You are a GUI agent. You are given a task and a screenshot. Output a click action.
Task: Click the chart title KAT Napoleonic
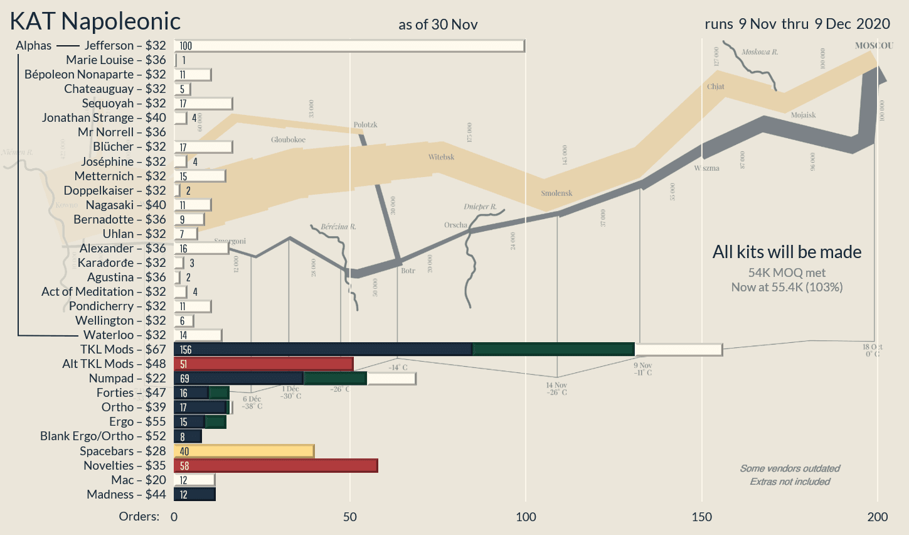click(95, 22)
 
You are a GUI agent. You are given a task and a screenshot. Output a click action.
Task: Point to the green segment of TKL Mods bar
click(553, 350)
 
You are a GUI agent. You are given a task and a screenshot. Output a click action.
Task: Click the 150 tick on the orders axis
click(701, 517)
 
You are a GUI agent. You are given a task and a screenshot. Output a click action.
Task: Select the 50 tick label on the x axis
click(349, 517)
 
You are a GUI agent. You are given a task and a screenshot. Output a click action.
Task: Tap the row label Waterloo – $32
click(125, 335)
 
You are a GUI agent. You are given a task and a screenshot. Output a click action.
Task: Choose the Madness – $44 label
click(126, 495)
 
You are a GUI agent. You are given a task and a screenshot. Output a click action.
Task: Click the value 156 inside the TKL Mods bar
click(186, 350)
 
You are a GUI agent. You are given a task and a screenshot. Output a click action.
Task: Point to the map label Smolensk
click(556, 193)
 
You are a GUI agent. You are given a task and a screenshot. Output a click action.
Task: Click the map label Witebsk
click(442, 157)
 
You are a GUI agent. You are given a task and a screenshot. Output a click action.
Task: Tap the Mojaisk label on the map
click(803, 116)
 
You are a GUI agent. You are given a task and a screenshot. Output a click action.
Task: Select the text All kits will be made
click(787, 252)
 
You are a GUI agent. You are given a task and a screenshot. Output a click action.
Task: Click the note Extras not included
click(790, 482)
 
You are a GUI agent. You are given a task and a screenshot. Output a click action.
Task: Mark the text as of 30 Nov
click(438, 25)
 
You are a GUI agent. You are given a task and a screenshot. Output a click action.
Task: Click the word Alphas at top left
click(34, 46)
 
